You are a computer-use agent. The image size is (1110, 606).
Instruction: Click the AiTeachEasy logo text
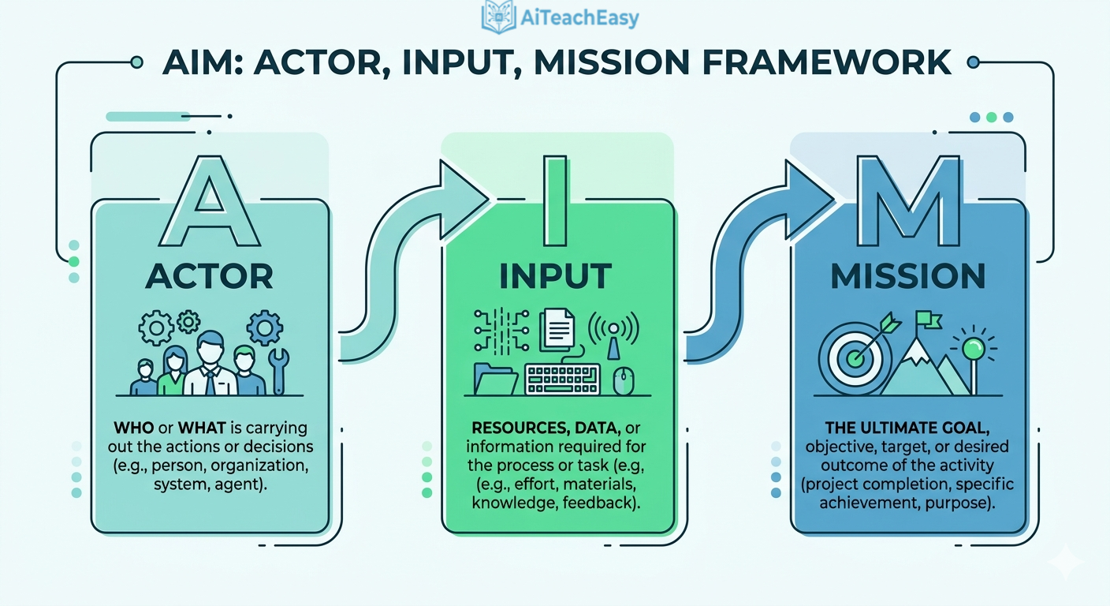tap(579, 17)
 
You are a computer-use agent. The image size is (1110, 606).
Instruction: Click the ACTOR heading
tap(210, 276)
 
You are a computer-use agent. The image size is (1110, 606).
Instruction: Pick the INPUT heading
tap(556, 276)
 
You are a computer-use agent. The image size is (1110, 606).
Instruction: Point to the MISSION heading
tap(907, 276)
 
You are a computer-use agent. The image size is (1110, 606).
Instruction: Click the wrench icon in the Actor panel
tap(278, 369)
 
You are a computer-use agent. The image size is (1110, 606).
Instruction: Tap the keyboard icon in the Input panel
tap(563, 379)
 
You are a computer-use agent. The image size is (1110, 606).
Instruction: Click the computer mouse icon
tap(623, 380)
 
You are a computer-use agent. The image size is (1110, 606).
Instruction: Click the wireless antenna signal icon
tap(614, 331)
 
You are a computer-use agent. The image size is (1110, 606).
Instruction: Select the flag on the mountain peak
tap(927, 320)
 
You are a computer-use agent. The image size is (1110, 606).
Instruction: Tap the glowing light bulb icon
tap(974, 347)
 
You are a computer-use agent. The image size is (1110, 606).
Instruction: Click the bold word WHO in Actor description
tap(134, 428)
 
